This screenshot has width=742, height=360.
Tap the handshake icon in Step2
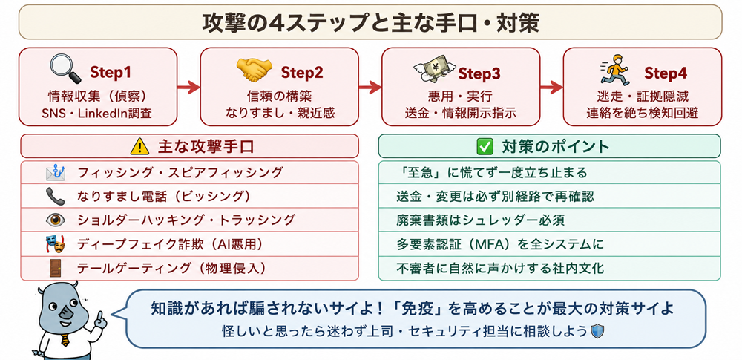255,70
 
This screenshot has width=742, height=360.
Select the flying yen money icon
434,71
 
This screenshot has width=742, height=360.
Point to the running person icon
615,69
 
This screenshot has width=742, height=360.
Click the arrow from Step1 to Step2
188,87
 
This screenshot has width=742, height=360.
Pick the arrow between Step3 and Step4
551,87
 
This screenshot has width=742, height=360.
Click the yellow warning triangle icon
139,147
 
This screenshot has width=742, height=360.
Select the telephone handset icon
56,196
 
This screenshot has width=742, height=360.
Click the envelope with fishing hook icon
56,172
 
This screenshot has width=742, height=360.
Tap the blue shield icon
598,331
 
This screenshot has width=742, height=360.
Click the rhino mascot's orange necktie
65,340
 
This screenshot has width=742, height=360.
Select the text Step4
666,73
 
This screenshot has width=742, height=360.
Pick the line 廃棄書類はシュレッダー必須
480,220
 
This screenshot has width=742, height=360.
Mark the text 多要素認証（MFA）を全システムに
500,244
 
